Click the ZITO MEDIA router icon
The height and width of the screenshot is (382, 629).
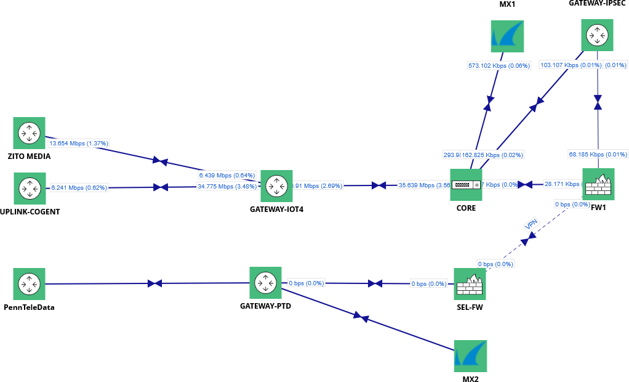pyautogui.click(x=29, y=133)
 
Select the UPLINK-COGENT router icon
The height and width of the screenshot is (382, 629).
pyautogui.click(x=29, y=188)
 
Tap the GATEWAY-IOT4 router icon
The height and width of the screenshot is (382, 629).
pyautogui.click(x=276, y=186)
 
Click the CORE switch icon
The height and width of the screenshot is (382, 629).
pyautogui.click(x=466, y=185)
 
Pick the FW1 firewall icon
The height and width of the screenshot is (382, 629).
pyautogui.click(x=598, y=184)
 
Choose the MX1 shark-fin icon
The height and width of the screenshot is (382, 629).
pyautogui.click(x=507, y=36)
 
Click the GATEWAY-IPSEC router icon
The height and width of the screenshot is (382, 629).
pyautogui.click(x=598, y=35)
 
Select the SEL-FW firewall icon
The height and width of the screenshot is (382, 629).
pyautogui.click(x=470, y=284)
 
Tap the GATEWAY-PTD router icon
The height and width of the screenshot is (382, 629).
pyautogui.click(x=265, y=283)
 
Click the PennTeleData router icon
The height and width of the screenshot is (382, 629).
pyautogui.click(x=29, y=284)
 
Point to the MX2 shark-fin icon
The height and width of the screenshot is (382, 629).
pyautogui.click(x=470, y=356)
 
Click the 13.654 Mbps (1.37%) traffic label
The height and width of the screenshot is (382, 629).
pyautogui.click(x=79, y=143)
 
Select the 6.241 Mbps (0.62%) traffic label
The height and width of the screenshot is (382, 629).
pyautogui.click(x=79, y=187)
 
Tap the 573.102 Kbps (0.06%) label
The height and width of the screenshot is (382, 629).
pyautogui.click(x=499, y=65)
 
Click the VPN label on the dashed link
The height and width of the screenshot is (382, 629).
pyautogui.click(x=531, y=224)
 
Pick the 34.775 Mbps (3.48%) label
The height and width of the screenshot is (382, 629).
pyautogui.click(x=226, y=186)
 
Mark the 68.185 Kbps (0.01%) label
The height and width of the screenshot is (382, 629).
pyautogui.click(x=598, y=154)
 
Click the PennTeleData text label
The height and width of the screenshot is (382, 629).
pyautogui.click(x=29, y=307)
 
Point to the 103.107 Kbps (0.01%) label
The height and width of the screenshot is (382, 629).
pyautogui.click(x=571, y=65)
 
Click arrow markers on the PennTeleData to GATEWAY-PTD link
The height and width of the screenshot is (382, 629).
pyautogui.click(x=154, y=283)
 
